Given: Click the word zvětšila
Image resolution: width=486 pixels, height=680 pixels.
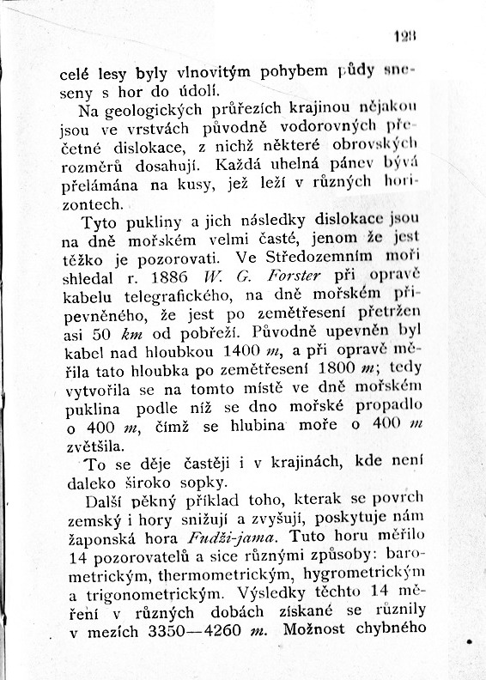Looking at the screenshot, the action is click(x=95, y=446).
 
